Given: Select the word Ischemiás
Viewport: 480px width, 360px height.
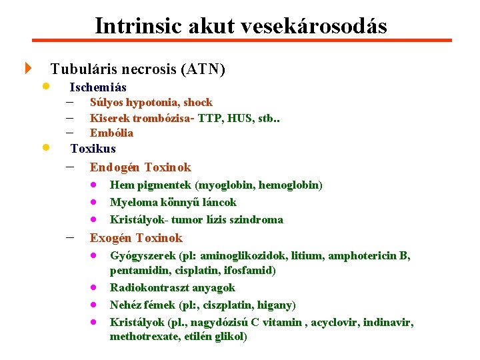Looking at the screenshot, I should pyautogui.click(x=98, y=87).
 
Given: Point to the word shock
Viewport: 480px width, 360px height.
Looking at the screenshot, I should pyautogui.click(x=198, y=103).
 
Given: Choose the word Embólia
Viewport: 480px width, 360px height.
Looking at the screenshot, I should pyautogui.click(x=111, y=133).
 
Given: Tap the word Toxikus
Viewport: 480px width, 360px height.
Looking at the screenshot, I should pyautogui.click(x=93, y=149).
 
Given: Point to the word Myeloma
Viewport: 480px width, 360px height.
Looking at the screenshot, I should pyautogui.click(x=133, y=202).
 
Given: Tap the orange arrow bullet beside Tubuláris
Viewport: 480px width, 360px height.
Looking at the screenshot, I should pyautogui.click(x=28, y=69).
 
